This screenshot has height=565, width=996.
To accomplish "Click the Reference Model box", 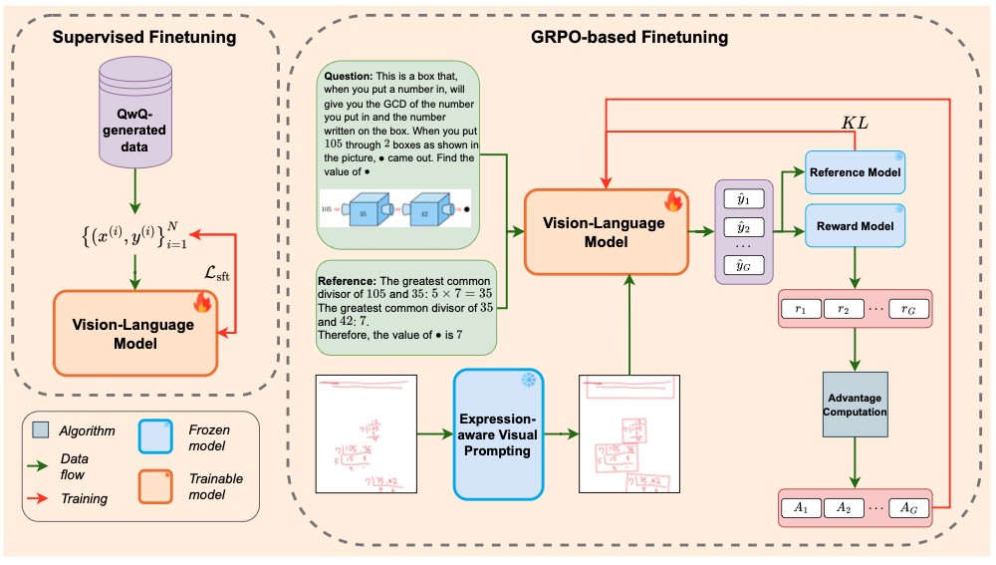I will click(x=855, y=172).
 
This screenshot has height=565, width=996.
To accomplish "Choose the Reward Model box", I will click(x=855, y=226).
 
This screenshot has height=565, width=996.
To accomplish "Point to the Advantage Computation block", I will click(x=855, y=405).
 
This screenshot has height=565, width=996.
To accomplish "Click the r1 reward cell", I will click(x=801, y=310).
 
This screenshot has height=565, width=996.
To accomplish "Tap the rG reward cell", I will click(x=908, y=310).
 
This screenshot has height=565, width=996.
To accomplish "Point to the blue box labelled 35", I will click(x=363, y=212).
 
